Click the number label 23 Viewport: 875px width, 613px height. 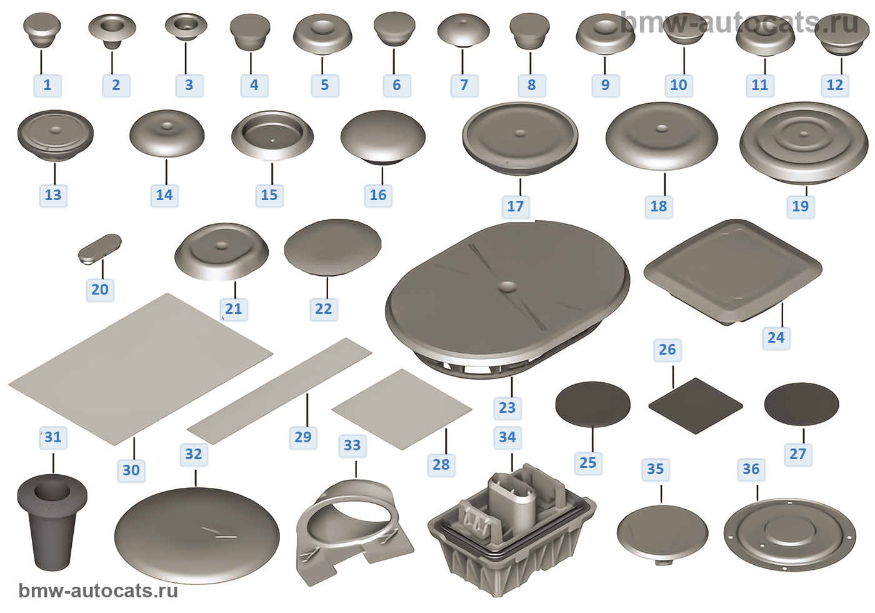(507, 408)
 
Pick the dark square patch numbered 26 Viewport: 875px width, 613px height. (695, 405)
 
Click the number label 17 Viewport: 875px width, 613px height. (516, 206)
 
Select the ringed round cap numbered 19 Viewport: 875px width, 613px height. (803, 141)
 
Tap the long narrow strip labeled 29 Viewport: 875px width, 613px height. (279, 391)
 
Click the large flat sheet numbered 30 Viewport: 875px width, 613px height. (141, 369)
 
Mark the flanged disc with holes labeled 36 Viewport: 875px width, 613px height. (789, 535)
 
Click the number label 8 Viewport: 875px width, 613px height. (531, 85)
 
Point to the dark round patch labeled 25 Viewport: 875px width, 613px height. (592, 404)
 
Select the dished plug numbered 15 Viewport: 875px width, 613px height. (272, 134)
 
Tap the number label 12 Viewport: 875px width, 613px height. (834, 85)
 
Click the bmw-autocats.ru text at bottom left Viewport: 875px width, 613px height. (98, 591)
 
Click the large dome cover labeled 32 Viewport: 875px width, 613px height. (196, 535)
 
